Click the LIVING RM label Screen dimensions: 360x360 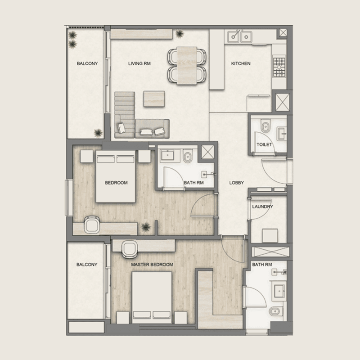[139, 63]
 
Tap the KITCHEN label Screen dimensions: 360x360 [241, 63]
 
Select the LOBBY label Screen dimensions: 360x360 [237, 183]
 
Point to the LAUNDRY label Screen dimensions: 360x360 [263, 207]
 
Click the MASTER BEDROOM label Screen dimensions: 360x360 [152, 265]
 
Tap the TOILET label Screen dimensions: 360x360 [264, 144]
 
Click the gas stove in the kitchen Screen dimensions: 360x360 [279, 67]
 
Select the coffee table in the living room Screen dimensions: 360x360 [154, 99]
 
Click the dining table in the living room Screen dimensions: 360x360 [187, 65]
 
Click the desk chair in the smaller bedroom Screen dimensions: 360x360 [92, 225]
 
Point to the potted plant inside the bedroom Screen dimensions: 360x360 [145, 227]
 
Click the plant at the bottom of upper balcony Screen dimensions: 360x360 [98, 133]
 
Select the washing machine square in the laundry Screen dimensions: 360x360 [270, 235]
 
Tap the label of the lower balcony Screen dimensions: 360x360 [87, 265]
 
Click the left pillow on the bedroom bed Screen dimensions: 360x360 [106, 159]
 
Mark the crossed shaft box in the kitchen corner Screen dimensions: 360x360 [283, 33]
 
